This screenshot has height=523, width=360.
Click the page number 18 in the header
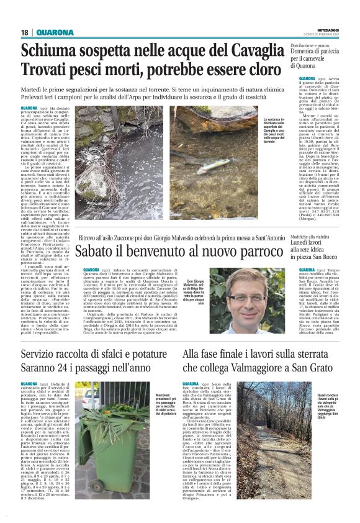[x=25, y=32]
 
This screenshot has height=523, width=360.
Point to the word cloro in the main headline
[x=264, y=70]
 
